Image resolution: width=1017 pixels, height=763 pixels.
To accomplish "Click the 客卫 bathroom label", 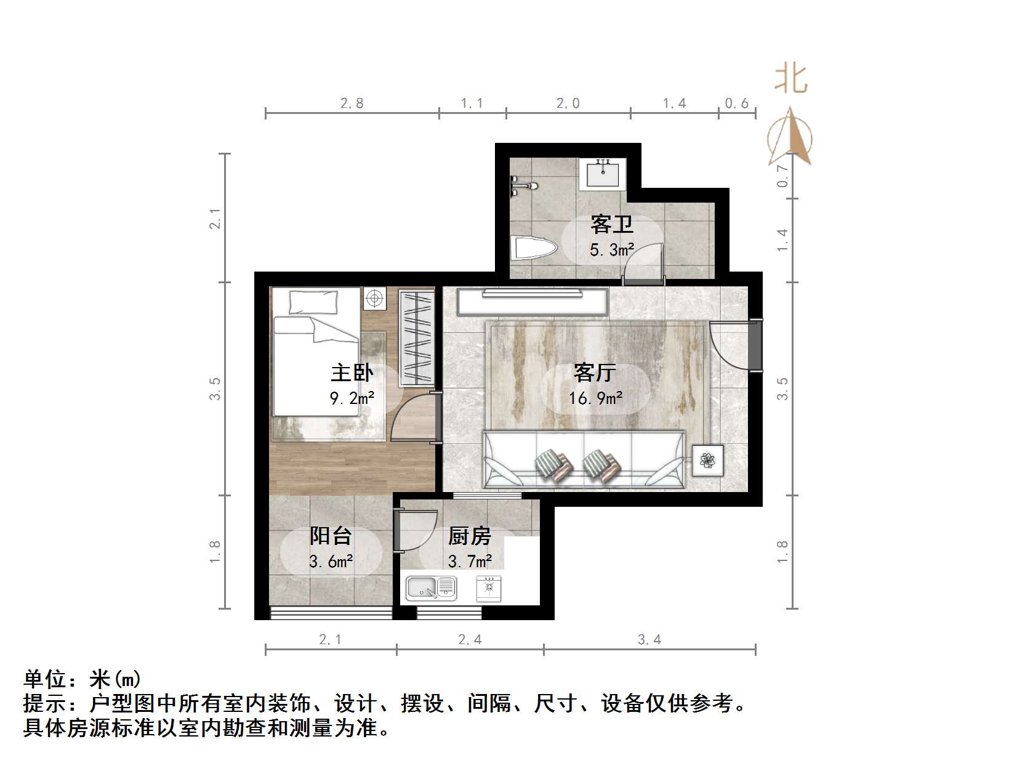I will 611,224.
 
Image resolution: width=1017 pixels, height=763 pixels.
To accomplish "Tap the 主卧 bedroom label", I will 352,373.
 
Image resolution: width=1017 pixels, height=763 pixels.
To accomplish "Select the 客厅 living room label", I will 594,373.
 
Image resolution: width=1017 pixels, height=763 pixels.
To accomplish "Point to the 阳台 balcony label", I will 331,536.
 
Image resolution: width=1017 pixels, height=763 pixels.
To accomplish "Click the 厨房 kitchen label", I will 469,536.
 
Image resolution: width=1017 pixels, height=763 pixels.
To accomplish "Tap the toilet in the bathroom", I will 534,249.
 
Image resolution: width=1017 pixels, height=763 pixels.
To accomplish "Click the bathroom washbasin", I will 603,173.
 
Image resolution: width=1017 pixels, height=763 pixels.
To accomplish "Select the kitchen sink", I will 431,588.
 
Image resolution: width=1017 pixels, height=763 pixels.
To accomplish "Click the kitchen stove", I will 489,588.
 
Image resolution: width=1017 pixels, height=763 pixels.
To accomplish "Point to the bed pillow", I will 313,302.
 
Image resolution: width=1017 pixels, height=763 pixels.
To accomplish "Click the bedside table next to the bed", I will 374,299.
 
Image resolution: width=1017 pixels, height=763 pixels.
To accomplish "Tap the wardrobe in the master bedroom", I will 416,337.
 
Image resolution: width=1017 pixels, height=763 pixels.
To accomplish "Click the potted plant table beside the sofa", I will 708,460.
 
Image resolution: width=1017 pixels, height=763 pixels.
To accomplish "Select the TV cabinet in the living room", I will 532,302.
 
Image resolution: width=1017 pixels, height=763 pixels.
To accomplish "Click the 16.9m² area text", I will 595,398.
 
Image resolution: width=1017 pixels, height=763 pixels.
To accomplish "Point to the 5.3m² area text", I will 611,249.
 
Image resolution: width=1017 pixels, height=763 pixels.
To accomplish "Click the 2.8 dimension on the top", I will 352,103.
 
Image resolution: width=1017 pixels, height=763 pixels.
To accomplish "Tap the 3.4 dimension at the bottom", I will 649,640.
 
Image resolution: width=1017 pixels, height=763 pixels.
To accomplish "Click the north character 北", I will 790,79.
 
